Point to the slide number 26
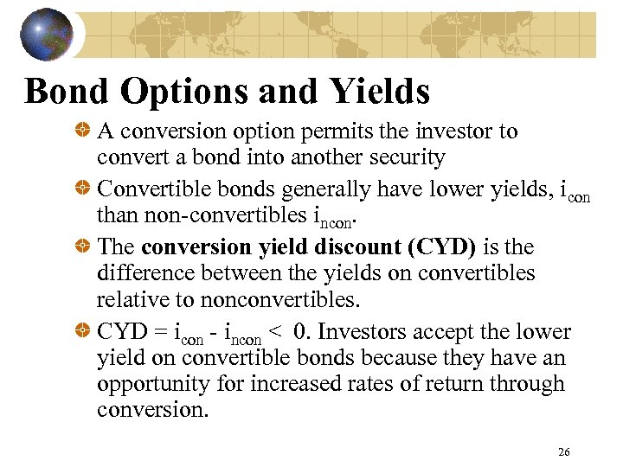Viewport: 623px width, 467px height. pyautogui.click(x=564, y=451)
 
